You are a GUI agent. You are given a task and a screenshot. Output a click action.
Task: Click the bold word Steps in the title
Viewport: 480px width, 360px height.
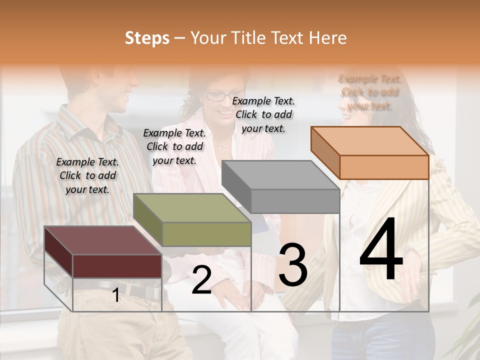point(147,38)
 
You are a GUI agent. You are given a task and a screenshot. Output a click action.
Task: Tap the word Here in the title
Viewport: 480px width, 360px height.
point(328,38)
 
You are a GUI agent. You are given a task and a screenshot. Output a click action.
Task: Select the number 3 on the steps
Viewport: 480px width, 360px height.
point(292,264)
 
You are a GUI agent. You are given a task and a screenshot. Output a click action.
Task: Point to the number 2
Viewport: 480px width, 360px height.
point(201,280)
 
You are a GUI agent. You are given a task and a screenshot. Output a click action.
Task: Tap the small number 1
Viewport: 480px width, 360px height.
point(116,295)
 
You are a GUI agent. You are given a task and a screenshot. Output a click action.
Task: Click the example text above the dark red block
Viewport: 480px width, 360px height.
point(87,175)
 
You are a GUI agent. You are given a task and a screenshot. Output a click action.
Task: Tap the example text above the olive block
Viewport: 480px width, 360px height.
point(174,146)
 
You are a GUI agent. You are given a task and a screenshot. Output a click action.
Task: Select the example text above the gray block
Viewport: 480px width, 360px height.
point(263,114)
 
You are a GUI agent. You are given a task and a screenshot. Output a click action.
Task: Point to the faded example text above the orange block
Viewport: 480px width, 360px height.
point(369,92)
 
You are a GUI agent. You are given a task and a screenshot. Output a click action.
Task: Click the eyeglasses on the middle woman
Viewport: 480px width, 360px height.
point(217,95)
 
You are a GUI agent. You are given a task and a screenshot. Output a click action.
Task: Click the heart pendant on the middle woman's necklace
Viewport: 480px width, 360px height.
point(222,148)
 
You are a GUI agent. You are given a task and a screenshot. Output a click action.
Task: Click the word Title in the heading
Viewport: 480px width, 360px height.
point(248,38)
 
